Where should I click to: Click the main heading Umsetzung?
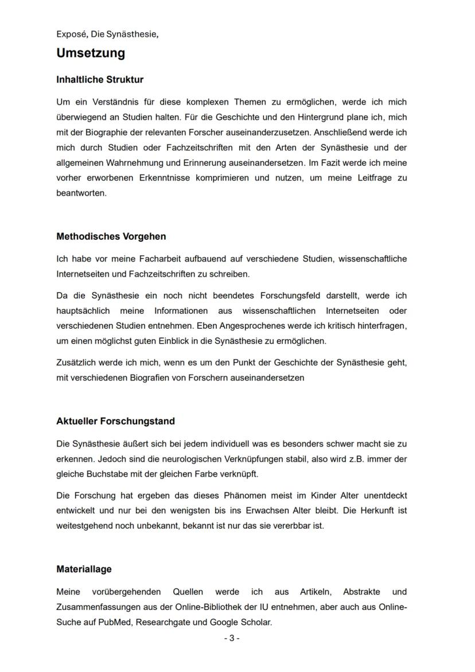click(91, 53)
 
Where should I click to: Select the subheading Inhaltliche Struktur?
click(100, 80)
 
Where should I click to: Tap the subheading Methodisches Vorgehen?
click(111, 236)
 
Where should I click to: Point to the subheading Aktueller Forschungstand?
click(115, 421)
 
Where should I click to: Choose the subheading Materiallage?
click(84, 570)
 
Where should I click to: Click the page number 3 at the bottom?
click(231, 638)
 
